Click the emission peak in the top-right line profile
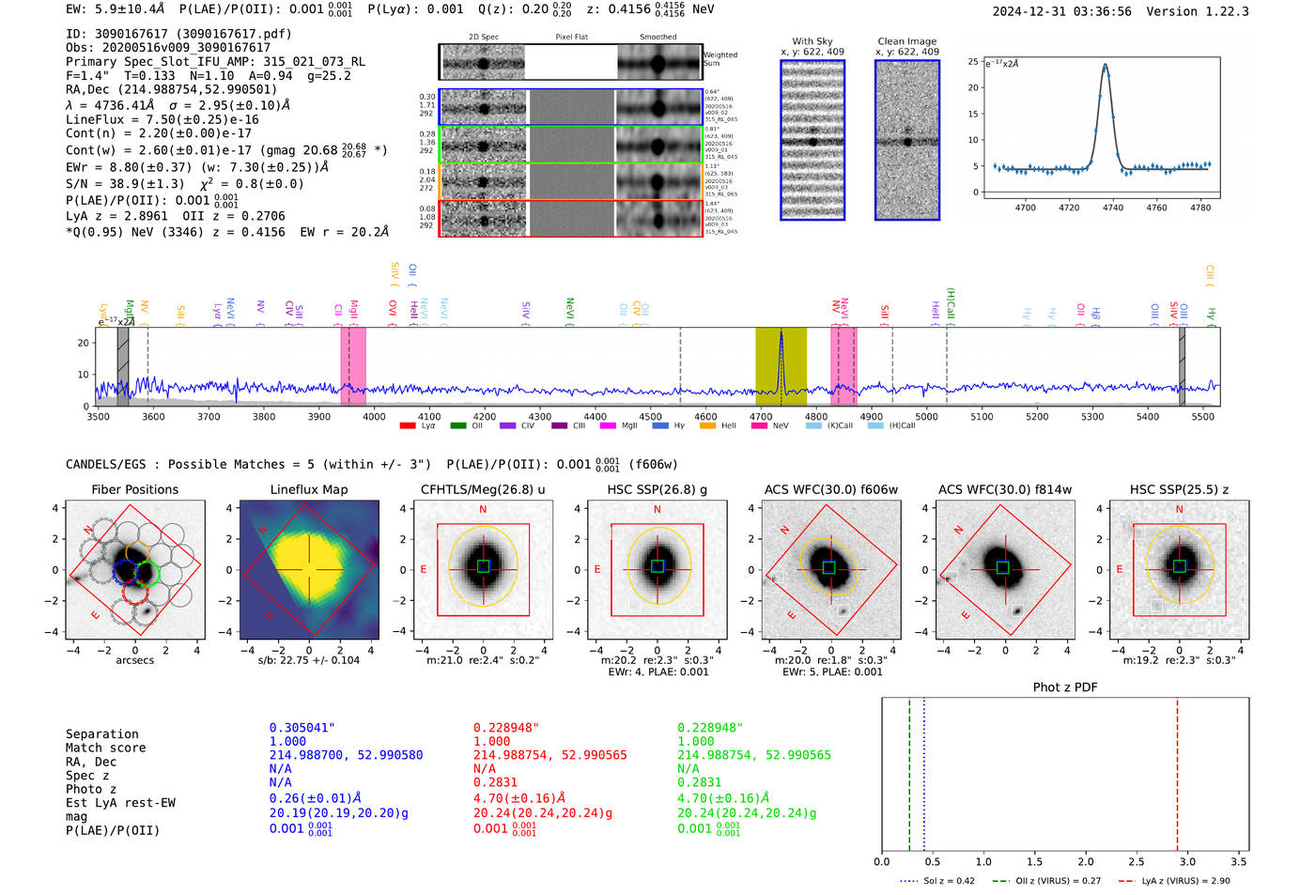[x=1106, y=66]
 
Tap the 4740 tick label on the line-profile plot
[x=1113, y=208]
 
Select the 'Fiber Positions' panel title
[x=134, y=489]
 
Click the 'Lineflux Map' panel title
[x=308, y=489]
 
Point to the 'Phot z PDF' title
[x=1065, y=687]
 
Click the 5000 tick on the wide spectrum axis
[x=926, y=416]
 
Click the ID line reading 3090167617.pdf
[x=178, y=34]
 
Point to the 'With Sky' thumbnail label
[x=812, y=41]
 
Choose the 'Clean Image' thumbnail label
[x=906, y=41]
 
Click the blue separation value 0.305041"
[x=302, y=728]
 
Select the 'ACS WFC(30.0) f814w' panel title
[x=1004, y=489]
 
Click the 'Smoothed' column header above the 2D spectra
[x=657, y=38]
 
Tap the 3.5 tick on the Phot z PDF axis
[x=1239, y=861]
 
